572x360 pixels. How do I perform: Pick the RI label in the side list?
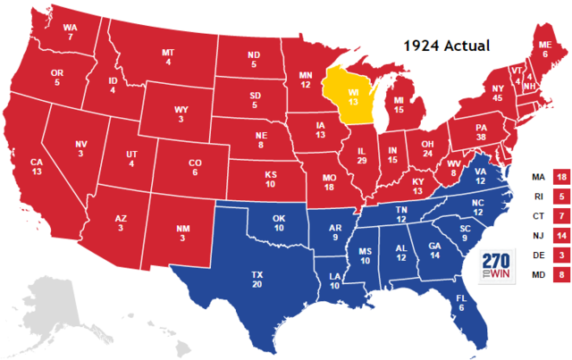pos(535,197)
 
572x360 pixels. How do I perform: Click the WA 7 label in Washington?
pos(69,31)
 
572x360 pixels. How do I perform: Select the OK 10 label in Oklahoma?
pos(279,222)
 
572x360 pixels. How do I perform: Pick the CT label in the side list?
pos(535,217)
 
